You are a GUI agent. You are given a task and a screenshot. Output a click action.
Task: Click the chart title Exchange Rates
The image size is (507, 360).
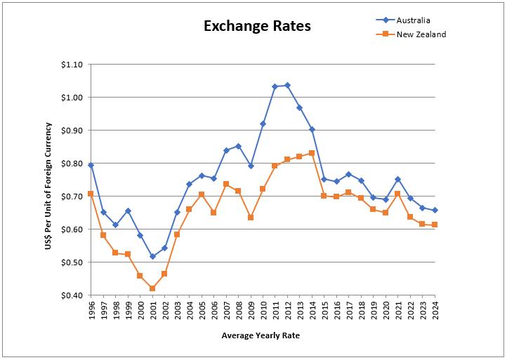coord(257,27)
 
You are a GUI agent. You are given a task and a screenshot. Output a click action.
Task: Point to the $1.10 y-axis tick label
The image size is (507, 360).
coord(72,65)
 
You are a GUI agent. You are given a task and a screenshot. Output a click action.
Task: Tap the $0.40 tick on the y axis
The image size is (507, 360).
coord(72,295)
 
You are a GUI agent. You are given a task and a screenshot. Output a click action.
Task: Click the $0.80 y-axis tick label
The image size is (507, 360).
coord(72,164)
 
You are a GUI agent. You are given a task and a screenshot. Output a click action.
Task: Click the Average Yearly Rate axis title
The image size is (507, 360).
coord(261,335)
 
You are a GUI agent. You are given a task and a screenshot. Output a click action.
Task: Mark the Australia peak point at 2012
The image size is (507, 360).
coord(287,86)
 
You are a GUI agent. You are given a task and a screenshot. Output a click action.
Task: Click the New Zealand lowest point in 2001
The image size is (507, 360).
coord(152,288)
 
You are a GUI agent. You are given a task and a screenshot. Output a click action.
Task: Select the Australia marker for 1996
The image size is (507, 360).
coord(91,165)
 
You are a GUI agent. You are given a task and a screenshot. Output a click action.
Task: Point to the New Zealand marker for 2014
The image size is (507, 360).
coord(312,153)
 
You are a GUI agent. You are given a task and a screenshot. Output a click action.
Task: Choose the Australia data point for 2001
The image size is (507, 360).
coord(152,257)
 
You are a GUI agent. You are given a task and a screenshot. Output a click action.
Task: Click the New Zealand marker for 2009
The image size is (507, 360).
coord(251,218)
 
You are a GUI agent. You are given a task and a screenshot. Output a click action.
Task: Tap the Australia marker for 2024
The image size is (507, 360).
coord(435,210)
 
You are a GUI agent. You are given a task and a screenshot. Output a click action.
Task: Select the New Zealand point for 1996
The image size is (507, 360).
coord(91,194)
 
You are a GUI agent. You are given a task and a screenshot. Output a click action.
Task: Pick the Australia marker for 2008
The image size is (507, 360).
coord(238,146)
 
